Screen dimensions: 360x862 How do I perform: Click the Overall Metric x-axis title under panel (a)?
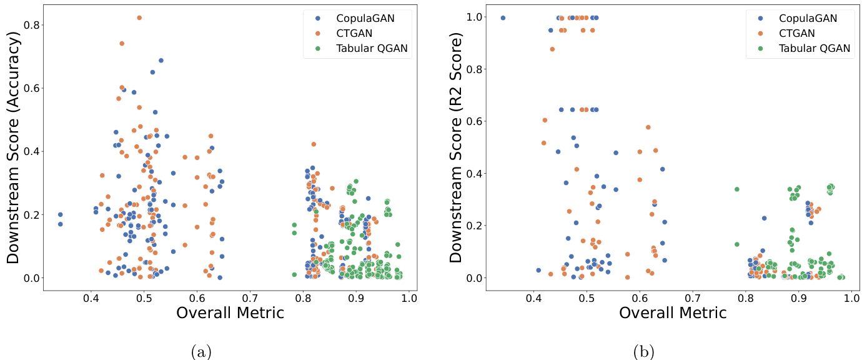click(x=230, y=313)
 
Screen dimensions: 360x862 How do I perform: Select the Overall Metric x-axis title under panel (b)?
click(x=673, y=313)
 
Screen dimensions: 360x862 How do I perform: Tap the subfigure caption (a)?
click(x=201, y=352)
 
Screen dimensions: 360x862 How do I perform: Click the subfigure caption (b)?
click(x=644, y=352)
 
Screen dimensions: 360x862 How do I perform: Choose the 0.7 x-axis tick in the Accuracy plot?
click(x=250, y=299)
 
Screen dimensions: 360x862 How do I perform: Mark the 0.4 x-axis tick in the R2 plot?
click(x=533, y=299)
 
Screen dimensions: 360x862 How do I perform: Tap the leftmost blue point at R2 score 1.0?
click(x=503, y=17)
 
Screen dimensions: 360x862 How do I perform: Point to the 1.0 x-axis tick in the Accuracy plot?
click(x=409, y=299)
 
